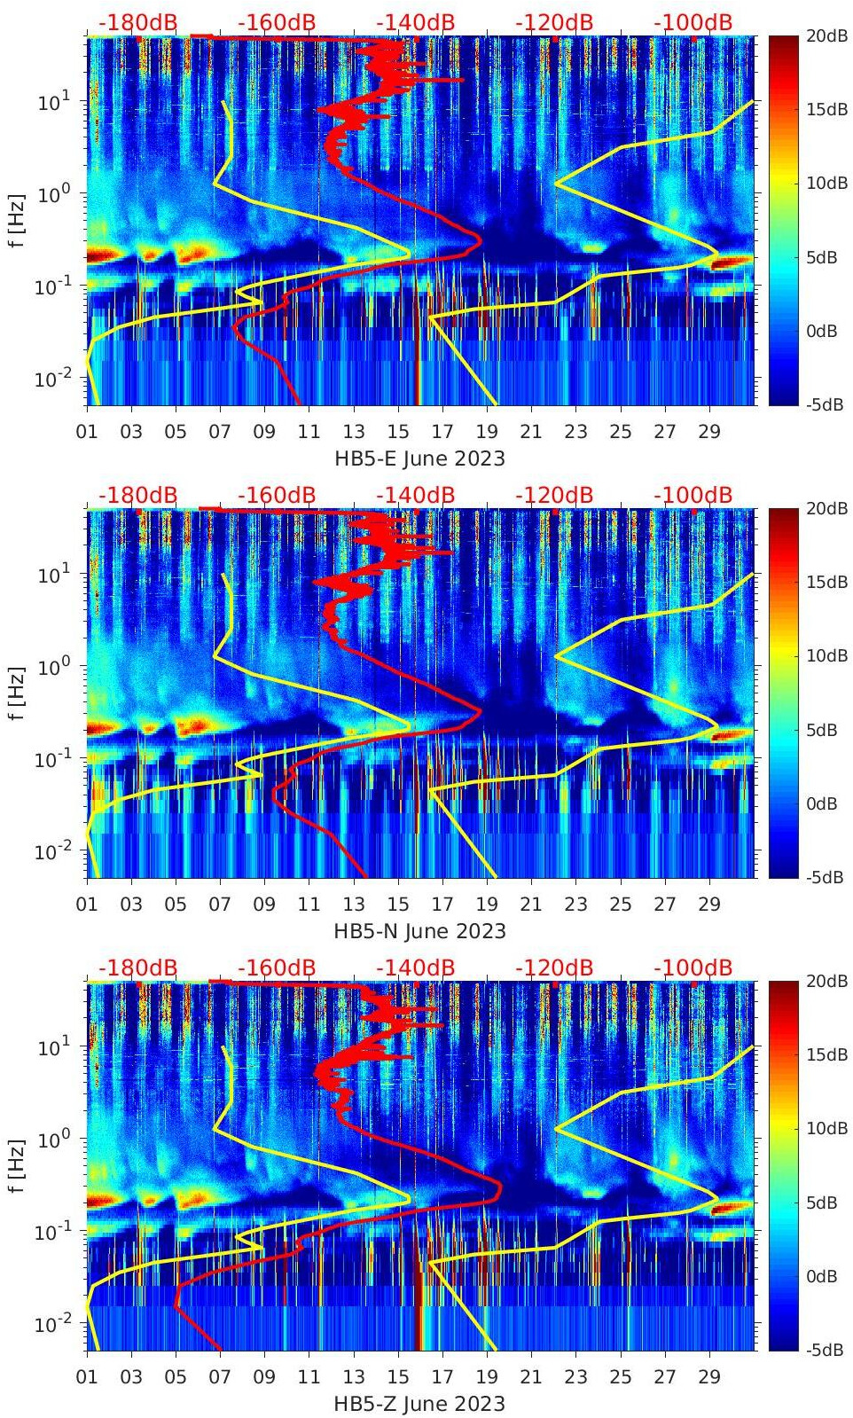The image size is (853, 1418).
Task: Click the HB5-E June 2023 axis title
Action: pos(419,458)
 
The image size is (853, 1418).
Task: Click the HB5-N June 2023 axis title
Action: pos(419,931)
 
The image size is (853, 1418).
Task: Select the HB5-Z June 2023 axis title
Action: pos(419,1404)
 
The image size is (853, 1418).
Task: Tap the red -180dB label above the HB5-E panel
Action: pos(138,22)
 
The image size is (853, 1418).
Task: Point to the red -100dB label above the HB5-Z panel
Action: pos(693,968)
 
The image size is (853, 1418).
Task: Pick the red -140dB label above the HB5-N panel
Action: pos(416,495)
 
